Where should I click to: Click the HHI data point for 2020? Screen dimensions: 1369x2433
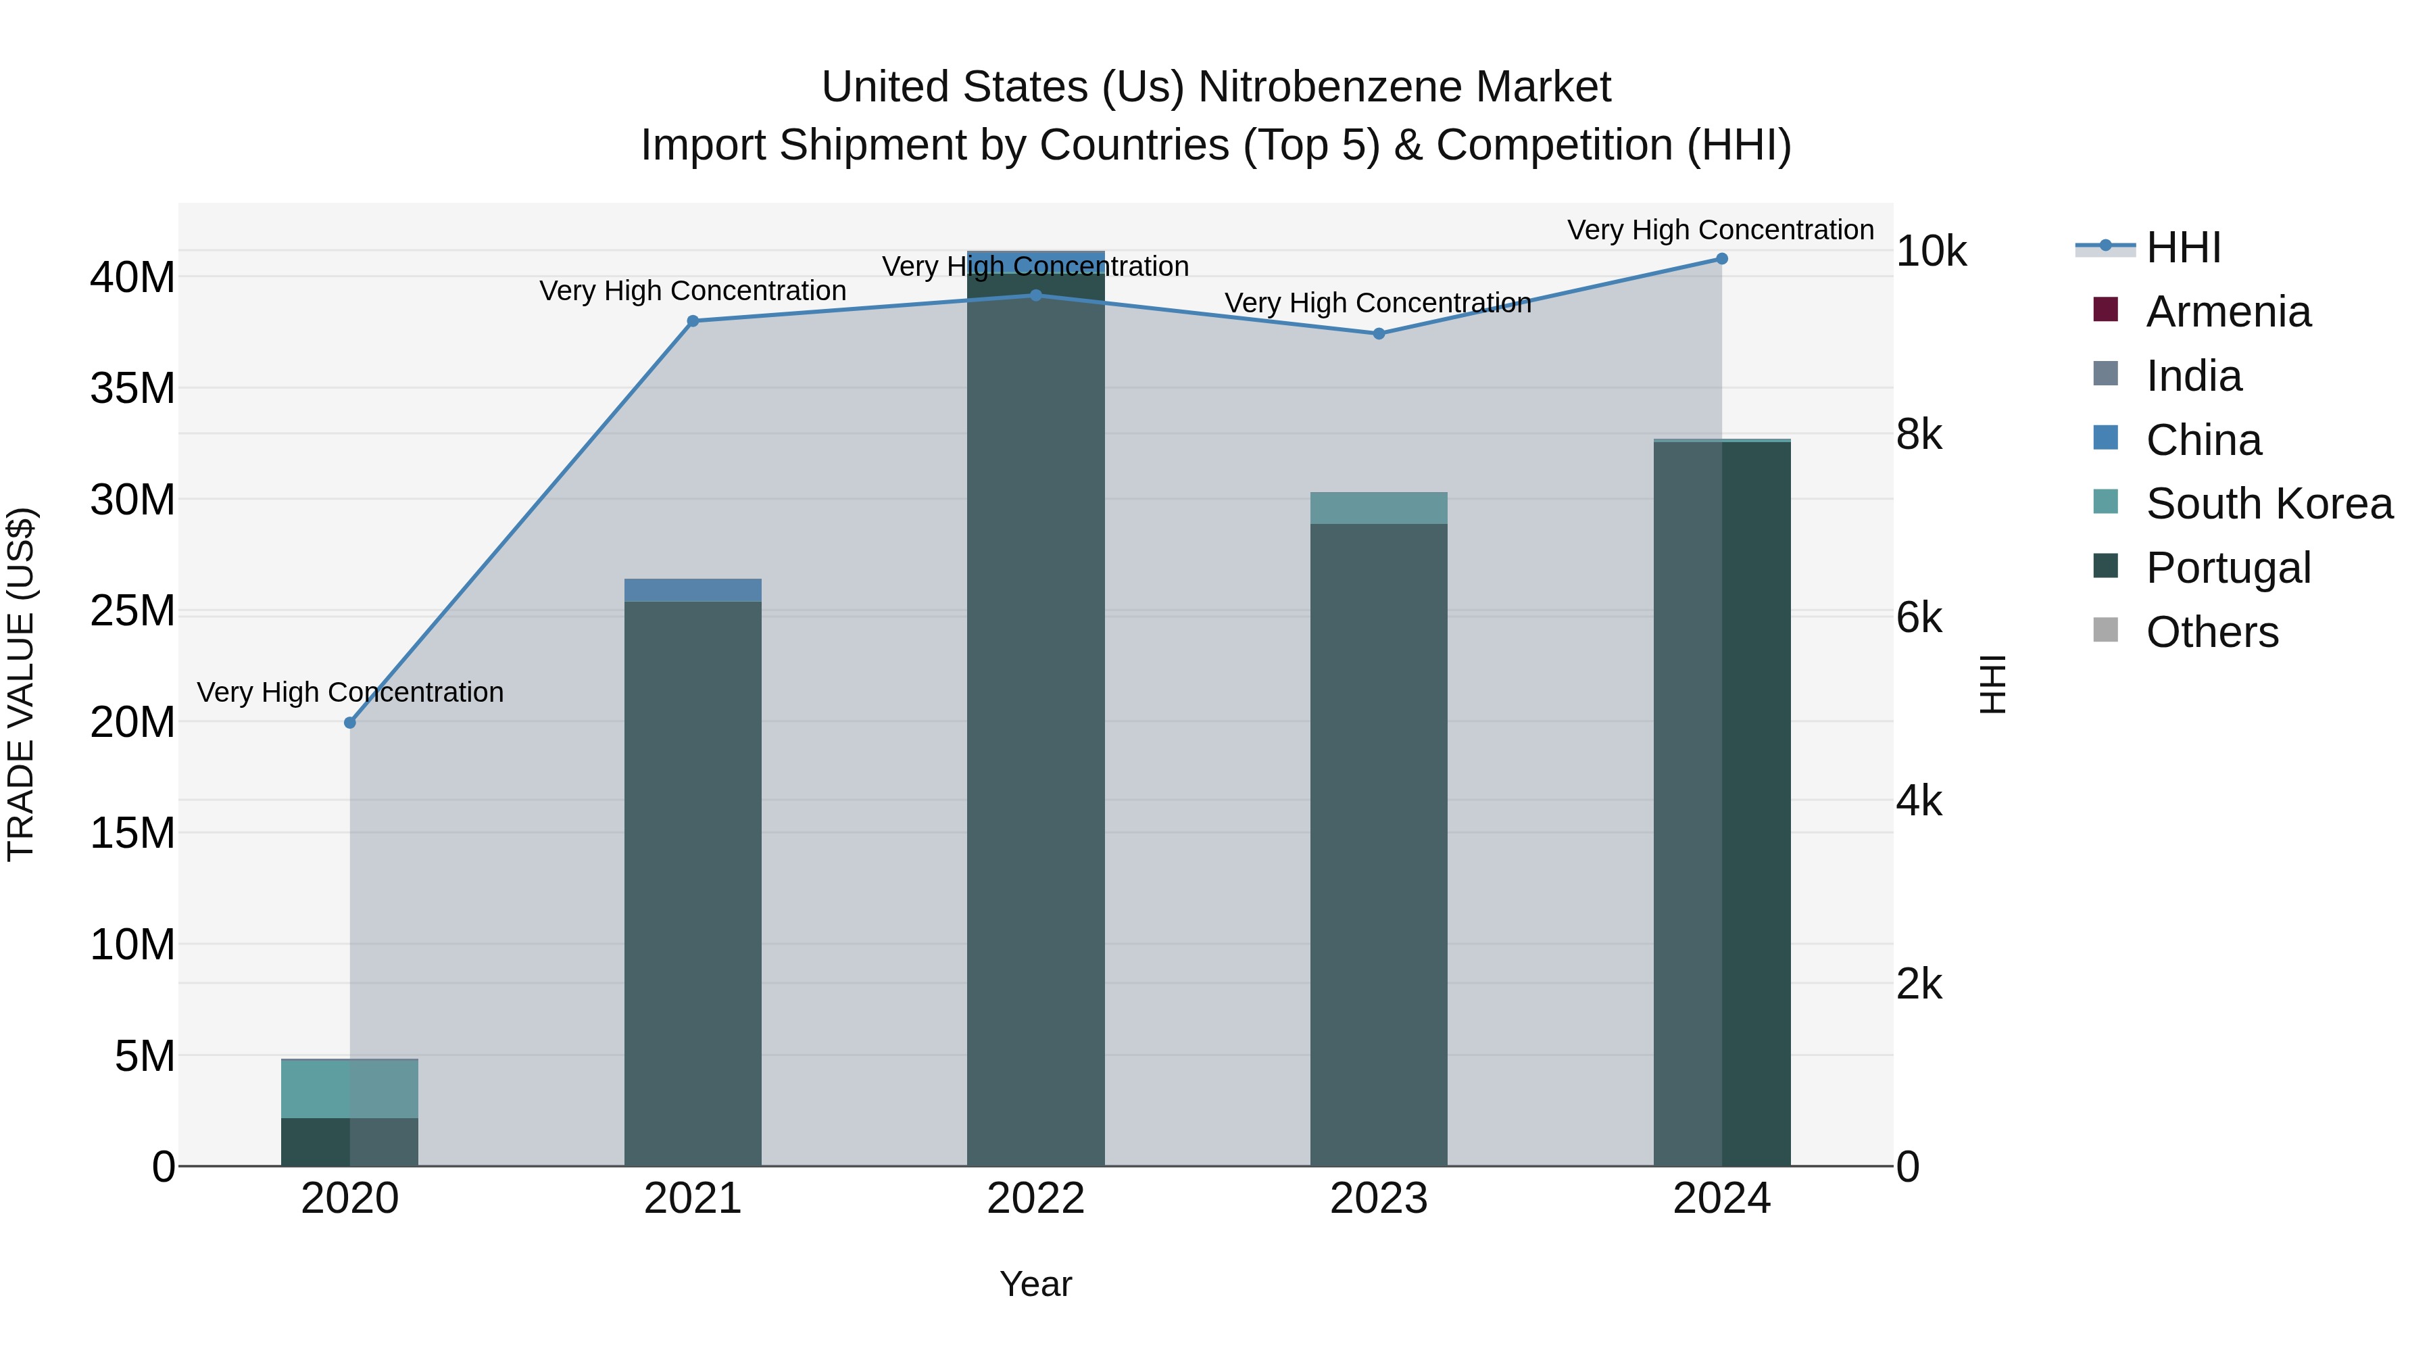pyautogui.click(x=349, y=723)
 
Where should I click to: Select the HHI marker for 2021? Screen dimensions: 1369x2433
pyautogui.click(x=692, y=321)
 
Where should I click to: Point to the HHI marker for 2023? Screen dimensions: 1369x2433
pyautogui.click(x=1379, y=333)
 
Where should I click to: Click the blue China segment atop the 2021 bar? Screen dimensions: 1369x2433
pyautogui.click(x=692, y=590)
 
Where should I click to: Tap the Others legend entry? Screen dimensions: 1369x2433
pyautogui.click(x=2212, y=633)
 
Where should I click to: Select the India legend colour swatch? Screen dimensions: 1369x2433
pyautogui.click(x=2106, y=374)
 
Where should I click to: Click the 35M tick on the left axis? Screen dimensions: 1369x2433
pyautogui.click(x=132, y=388)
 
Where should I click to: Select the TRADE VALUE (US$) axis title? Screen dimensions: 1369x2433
pyautogui.click(x=21, y=685)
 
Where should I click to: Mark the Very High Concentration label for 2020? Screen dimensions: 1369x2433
pyautogui.click(x=349, y=692)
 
